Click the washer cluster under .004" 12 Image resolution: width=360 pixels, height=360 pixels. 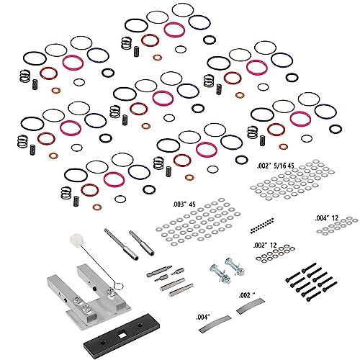(x=330, y=229)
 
